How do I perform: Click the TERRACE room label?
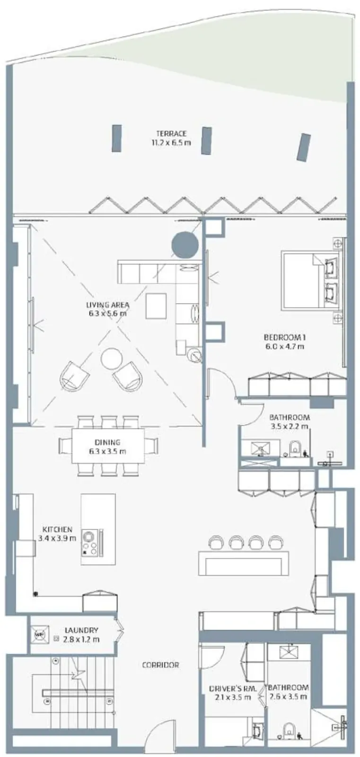pyautogui.click(x=171, y=133)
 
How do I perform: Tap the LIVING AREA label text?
pyautogui.click(x=108, y=305)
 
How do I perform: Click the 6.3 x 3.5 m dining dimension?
pyautogui.click(x=108, y=451)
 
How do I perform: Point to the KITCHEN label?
pyautogui.click(x=57, y=529)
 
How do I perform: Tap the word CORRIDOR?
pyautogui.click(x=160, y=665)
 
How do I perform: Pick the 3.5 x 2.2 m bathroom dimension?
pyautogui.click(x=290, y=426)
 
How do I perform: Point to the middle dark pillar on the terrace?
pyautogui.click(x=206, y=141)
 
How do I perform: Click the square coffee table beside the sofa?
pyautogui.click(x=156, y=306)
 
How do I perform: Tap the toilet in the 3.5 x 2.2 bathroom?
pyautogui.click(x=295, y=448)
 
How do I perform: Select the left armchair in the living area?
pyautogui.click(x=74, y=376)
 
